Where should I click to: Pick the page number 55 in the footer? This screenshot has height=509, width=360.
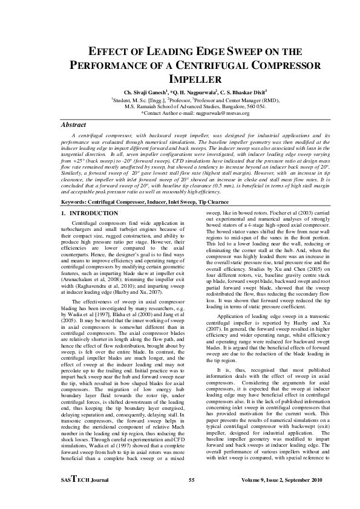coord(191,481)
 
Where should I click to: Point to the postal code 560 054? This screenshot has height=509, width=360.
coord(257,106)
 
